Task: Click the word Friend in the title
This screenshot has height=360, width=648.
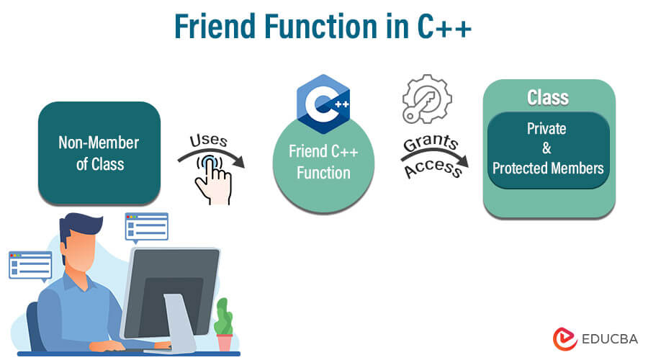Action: click(215, 27)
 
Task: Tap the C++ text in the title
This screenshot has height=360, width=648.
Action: click(444, 27)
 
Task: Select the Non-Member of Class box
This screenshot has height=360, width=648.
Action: click(99, 153)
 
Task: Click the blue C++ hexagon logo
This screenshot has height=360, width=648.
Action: click(323, 104)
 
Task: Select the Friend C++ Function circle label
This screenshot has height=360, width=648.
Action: click(323, 162)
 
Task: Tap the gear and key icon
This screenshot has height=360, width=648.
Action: click(427, 99)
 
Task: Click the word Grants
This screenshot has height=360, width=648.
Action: click(431, 142)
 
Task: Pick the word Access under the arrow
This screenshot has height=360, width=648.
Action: click(433, 168)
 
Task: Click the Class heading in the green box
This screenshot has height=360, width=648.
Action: click(548, 97)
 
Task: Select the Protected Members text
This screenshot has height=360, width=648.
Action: click(548, 168)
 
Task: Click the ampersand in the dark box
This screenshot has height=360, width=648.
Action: click(546, 148)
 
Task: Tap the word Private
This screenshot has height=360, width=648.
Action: click(546, 129)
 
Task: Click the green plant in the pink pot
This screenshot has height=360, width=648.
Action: click(224, 316)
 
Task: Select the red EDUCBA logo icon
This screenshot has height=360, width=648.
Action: click(564, 339)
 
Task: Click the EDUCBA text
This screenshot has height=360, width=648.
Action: click(610, 339)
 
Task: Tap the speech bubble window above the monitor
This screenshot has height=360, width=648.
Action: click(147, 228)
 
